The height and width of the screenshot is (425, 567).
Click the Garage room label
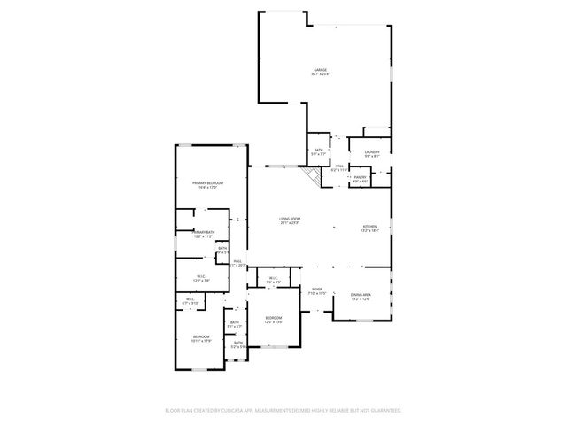[319, 69]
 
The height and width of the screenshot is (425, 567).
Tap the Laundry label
[371, 151]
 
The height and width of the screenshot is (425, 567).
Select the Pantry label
[360, 177]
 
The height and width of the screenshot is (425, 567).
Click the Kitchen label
[369, 228]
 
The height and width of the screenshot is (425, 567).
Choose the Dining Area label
[361, 294]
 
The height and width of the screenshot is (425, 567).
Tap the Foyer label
[317, 289]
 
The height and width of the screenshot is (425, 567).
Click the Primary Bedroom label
[208, 182]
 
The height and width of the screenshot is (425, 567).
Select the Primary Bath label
[203, 232]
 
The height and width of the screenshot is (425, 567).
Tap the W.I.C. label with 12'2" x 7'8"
[202, 276]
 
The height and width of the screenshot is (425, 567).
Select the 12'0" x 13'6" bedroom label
[275, 321]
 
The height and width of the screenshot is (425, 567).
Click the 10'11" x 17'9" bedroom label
[202, 340]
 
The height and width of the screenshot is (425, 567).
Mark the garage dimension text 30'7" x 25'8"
[319, 73]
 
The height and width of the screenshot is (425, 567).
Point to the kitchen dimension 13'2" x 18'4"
[369, 232]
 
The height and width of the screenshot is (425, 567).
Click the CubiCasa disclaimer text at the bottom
[283, 410]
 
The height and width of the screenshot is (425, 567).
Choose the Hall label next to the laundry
[339, 166]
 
